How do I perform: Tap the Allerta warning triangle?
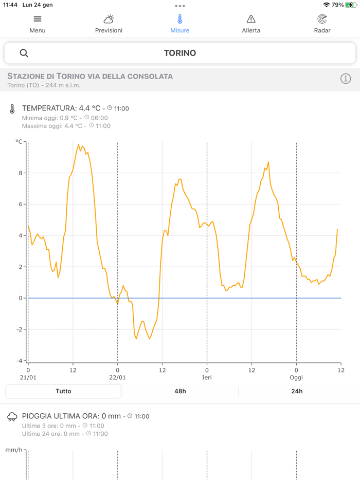[251, 20]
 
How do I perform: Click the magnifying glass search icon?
[24, 53]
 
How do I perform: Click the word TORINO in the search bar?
[180, 53]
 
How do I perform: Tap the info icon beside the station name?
[346, 79]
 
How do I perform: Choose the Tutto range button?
[63, 391]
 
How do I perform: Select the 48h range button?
[180, 391]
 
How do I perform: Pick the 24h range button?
[297, 391]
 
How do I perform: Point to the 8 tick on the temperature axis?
[21, 173]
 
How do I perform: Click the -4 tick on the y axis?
[19, 361]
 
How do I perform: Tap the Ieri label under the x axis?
[207, 377]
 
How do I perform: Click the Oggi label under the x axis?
[296, 377]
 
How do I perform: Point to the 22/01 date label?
[117, 377]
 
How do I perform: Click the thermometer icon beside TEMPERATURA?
[12, 109]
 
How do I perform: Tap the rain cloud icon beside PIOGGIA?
[12, 417]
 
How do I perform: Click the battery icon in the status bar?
[351, 5]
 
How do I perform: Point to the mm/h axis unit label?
[14, 450]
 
